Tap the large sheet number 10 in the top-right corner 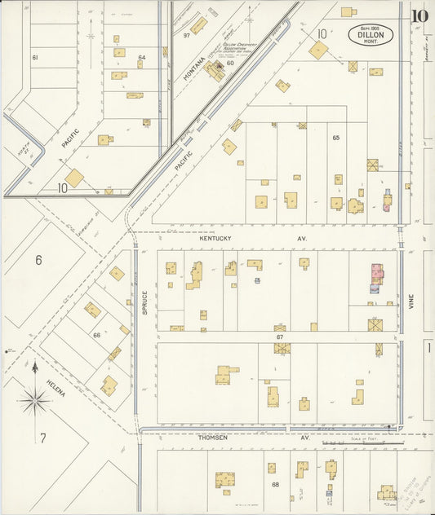click(419, 15)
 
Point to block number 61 click(35, 58)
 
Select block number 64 click(141, 57)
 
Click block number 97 click(187, 35)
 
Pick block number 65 click(335, 138)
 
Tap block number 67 click(279, 336)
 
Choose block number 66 click(96, 335)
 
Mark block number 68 click(275, 485)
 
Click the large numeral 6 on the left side click(38, 261)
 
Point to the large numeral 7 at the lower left click(42, 438)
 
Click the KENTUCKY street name click(216, 239)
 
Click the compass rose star click(34, 399)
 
